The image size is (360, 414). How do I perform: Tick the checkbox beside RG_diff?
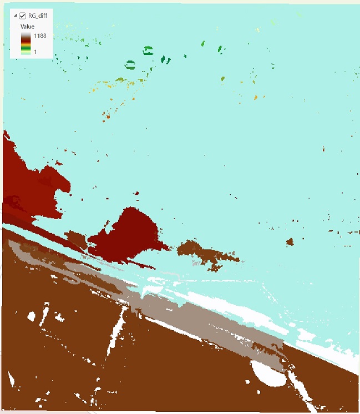click(23, 16)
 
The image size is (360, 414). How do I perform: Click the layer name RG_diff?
click(37, 16)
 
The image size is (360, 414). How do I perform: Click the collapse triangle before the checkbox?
click(15, 16)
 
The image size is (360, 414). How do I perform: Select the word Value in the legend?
click(28, 26)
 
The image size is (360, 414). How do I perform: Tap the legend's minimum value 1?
click(35, 52)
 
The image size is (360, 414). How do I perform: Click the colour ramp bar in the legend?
click(26, 43)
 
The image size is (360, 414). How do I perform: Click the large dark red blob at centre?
click(130, 230)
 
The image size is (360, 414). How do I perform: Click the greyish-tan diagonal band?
click(211, 322)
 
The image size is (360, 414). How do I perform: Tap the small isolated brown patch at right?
click(289, 241)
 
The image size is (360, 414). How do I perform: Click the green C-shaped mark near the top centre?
click(148, 51)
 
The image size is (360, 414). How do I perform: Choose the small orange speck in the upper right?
click(256, 98)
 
